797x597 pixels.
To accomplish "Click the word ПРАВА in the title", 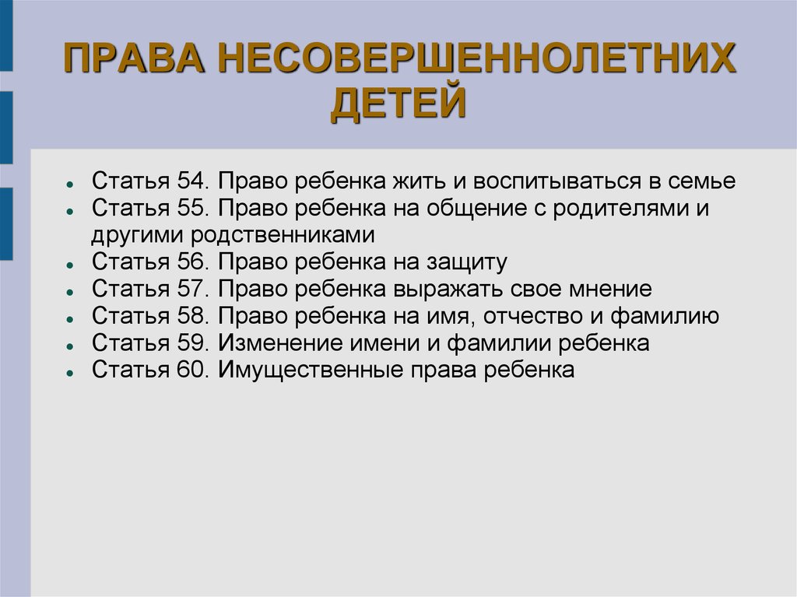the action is [x=134, y=58].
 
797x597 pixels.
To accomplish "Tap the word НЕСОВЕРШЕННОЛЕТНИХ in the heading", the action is [x=477, y=58].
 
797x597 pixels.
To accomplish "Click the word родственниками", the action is [x=283, y=235].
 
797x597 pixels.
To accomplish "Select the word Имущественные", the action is [x=311, y=370].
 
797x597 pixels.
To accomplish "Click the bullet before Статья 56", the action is [x=70, y=265].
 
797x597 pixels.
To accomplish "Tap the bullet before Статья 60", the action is [x=70, y=372].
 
